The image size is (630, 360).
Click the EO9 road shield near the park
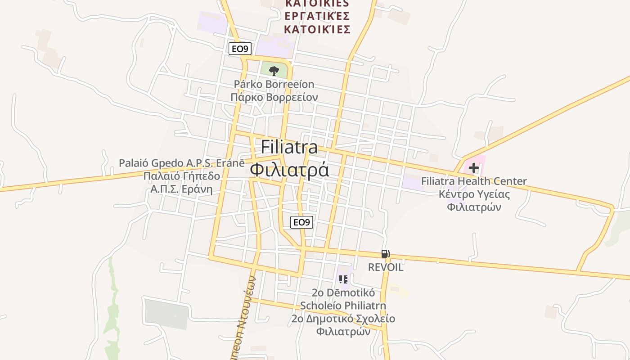tap(240, 49)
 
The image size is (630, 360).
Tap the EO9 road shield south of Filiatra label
tap(301, 222)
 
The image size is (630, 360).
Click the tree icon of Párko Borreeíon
tap(274, 71)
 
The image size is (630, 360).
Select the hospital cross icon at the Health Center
tap(473, 168)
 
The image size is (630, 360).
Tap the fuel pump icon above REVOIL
tap(385, 254)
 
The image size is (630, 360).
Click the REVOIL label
tap(386, 267)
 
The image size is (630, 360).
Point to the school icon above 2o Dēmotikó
tap(343, 279)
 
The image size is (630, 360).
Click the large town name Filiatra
tap(289, 147)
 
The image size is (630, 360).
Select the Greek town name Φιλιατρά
tap(289, 170)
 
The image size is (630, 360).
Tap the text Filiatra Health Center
tap(474, 181)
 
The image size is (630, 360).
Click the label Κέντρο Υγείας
tap(474, 194)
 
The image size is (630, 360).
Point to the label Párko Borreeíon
tap(274, 84)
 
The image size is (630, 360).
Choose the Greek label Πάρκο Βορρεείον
tap(274, 97)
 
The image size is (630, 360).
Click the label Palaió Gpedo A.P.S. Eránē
tap(182, 163)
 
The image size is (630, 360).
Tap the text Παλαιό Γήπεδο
tap(182, 176)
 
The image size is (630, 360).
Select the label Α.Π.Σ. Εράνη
tap(182, 189)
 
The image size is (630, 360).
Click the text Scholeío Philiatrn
tap(343, 306)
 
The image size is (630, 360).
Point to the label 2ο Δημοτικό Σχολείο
tap(343, 319)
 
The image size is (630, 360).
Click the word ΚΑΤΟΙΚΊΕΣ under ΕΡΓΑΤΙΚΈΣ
tap(318, 30)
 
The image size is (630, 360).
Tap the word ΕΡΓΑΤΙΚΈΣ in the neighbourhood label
tap(318, 16)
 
